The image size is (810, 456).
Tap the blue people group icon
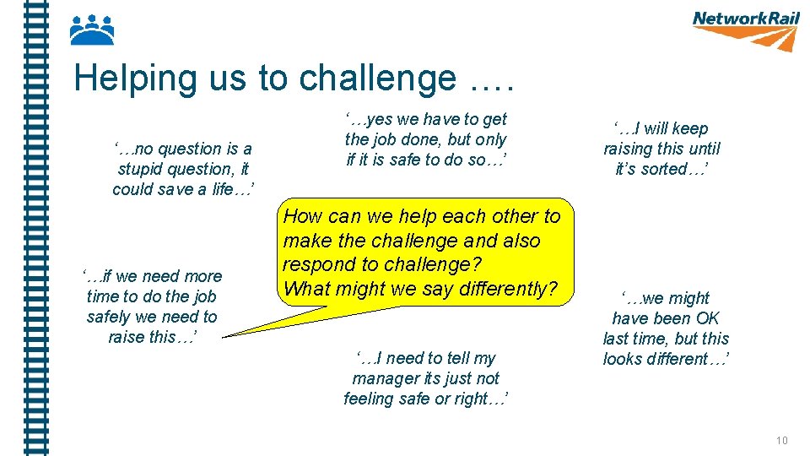[91, 30]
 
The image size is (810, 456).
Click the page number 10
[782, 440]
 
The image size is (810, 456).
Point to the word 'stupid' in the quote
[142, 169]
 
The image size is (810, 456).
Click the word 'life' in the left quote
[222, 189]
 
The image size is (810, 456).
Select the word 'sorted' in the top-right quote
[666, 169]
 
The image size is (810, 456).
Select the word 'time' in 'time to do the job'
[103, 296]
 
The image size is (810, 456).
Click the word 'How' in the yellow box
[302, 216]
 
